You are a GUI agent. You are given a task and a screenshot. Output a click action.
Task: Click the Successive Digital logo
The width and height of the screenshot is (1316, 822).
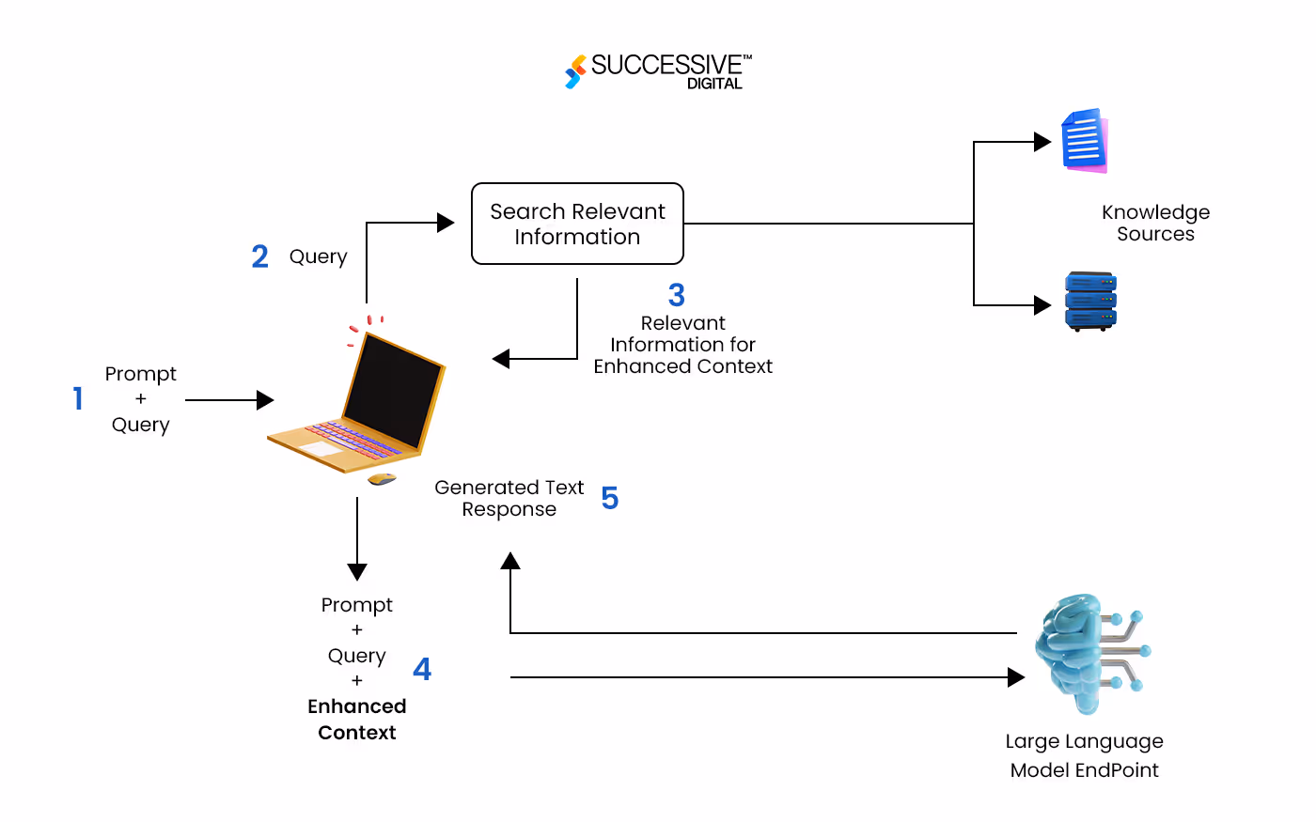pyautogui.click(x=658, y=70)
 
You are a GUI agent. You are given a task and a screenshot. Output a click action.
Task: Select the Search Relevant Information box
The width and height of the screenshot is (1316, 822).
pyautogui.click(x=577, y=224)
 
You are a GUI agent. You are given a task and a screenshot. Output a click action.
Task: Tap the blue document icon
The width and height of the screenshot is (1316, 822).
pyautogui.click(x=1085, y=141)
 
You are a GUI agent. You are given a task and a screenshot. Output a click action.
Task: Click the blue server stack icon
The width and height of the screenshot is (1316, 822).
pyautogui.click(x=1090, y=302)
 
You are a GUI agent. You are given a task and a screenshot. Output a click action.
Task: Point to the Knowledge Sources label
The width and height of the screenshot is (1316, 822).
pyautogui.click(x=1155, y=223)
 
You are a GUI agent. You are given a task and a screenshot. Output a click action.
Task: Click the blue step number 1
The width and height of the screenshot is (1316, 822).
pyautogui.click(x=78, y=398)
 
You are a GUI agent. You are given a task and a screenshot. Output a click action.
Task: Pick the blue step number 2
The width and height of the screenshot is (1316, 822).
pyautogui.click(x=260, y=256)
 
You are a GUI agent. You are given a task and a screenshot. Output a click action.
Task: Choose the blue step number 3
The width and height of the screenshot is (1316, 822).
pyautogui.click(x=677, y=295)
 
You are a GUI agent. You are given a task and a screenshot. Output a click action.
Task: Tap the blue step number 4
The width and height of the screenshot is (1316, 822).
pyautogui.click(x=422, y=669)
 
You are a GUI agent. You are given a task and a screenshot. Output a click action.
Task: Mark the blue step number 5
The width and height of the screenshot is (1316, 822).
pyautogui.click(x=610, y=498)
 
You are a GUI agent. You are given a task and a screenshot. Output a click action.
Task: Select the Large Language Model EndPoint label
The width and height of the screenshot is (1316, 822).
pyautogui.click(x=1084, y=755)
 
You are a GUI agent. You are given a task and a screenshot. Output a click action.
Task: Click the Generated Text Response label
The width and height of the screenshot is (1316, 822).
pyautogui.click(x=509, y=498)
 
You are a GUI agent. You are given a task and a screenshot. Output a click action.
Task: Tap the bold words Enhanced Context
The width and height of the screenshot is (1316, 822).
pyautogui.click(x=357, y=719)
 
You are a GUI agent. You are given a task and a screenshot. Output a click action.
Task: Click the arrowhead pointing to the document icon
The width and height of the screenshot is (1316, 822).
pyautogui.click(x=1042, y=142)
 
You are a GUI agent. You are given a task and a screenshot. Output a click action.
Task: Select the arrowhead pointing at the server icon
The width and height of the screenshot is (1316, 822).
pyautogui.click(x=1042, y=305)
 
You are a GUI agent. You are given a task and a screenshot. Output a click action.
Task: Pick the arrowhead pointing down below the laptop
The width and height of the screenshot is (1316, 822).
pyautogui.click(x=357, y=571)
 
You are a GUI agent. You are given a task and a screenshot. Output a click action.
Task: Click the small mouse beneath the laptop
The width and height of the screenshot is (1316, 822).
pyautogui.click(x=382, y=479)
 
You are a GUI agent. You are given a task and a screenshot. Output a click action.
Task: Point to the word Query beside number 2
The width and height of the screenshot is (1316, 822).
pyautogui.click(x=318, y=256)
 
